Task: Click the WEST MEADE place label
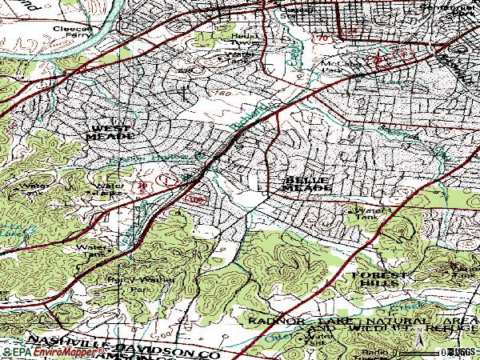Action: [x=111, y=132]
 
